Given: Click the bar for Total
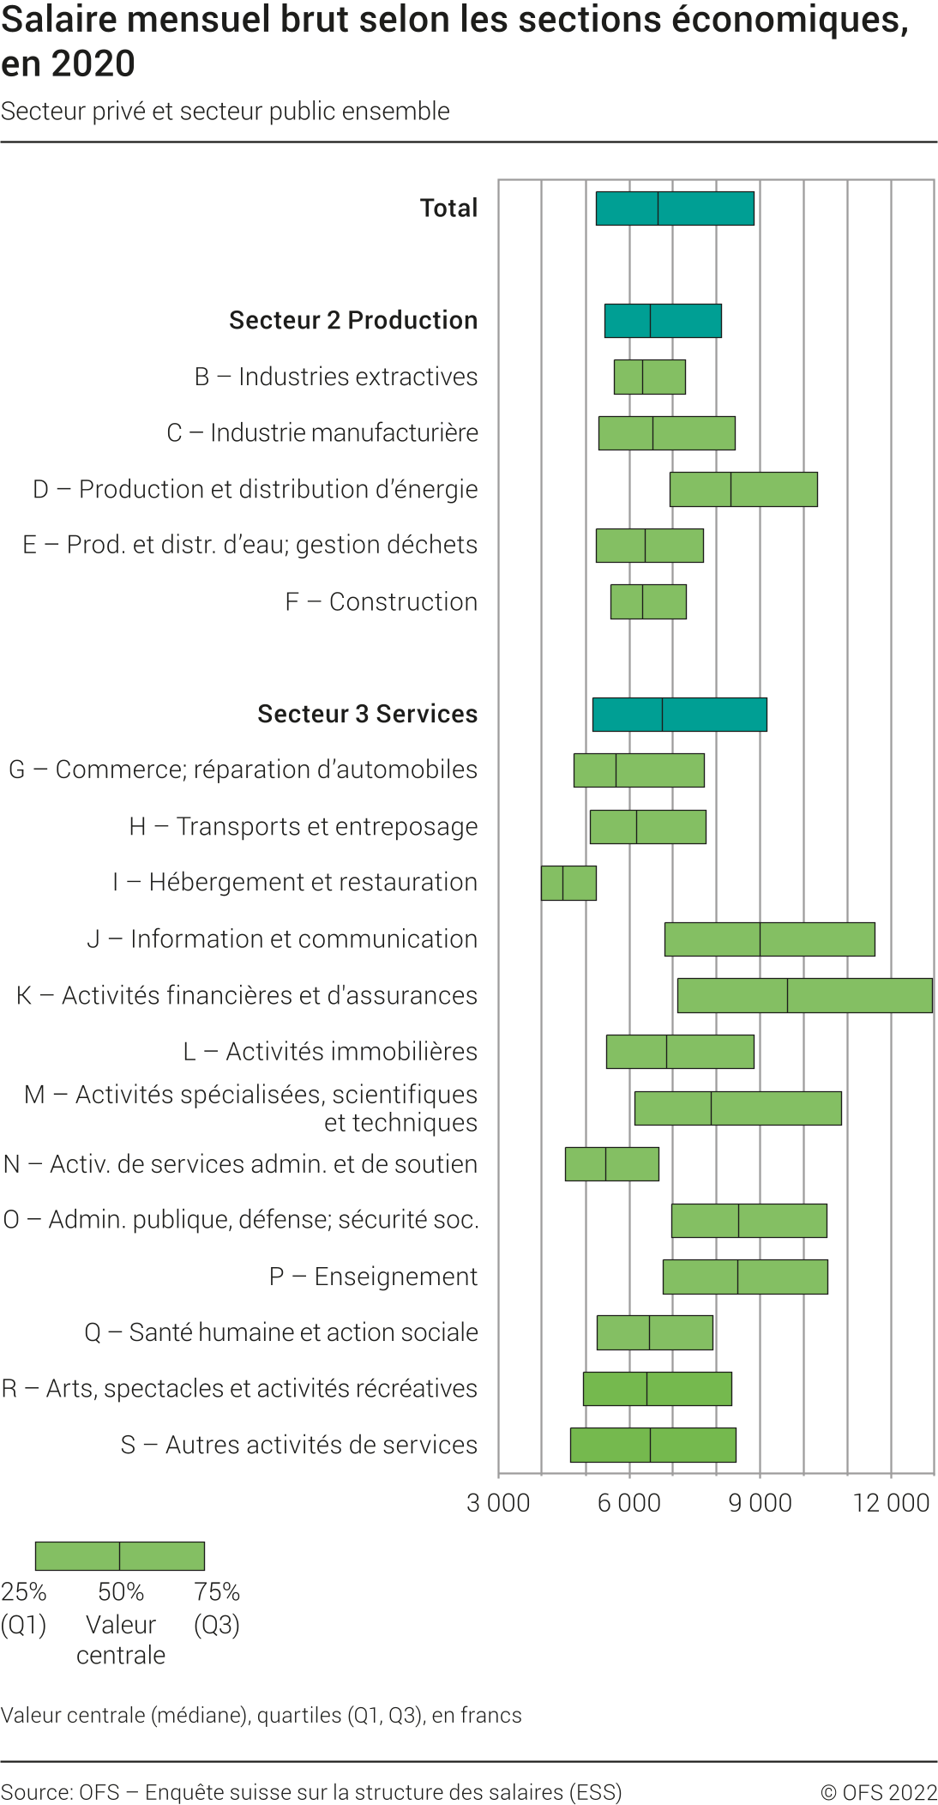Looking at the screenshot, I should tap(675, 208).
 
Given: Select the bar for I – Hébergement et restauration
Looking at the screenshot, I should tap(568, 883).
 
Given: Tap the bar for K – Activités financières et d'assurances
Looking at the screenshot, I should tap(804, 995).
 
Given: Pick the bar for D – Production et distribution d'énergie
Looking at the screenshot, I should tap(743, 489).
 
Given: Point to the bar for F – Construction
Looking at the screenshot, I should tap(648, 601).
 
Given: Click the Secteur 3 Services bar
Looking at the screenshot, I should tap(679, 715).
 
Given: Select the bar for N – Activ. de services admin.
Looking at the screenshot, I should tap(611, 1164).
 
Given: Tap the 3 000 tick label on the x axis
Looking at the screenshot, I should tap(498, 1502).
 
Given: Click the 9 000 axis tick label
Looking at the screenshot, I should tap(760, 1502).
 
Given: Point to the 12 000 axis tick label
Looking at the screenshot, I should tap(891, 1502).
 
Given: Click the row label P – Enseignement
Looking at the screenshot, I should tap(373, 1277).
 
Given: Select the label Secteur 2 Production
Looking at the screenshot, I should tap(353, 320).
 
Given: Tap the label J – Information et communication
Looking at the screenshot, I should tap(282, 939).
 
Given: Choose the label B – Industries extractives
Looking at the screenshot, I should tap(336, 377).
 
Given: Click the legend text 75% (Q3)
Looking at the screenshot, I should tap(217, 1608).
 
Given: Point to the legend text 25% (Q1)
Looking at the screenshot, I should tap(23, 1608).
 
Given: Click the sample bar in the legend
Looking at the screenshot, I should tap(120, 1555).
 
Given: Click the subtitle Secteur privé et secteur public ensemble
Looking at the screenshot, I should tap(225, 112).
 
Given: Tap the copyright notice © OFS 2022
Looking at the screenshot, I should tap(879, 1792).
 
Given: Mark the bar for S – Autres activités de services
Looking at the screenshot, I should tap(652, 1445).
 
